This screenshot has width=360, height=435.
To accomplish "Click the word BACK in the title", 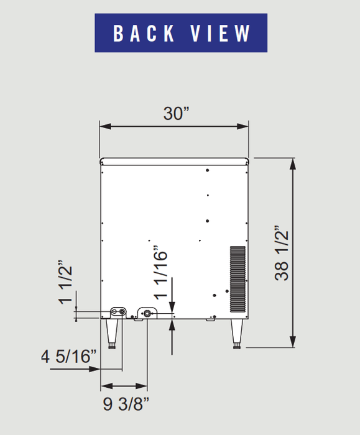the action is [144, 34].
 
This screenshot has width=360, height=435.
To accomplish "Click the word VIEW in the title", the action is [220, 34].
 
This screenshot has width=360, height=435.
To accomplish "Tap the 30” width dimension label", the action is [176, 114].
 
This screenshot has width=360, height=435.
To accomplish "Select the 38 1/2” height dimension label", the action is [282, 253].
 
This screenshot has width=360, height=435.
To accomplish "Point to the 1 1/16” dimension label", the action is [160, 272].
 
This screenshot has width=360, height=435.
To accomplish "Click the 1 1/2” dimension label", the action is [65, 282].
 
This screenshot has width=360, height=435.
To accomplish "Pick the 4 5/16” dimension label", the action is [69, 356].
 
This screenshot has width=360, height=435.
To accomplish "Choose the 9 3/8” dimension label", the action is [126, 404].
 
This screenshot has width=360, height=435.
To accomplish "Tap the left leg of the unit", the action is [112, 334].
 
